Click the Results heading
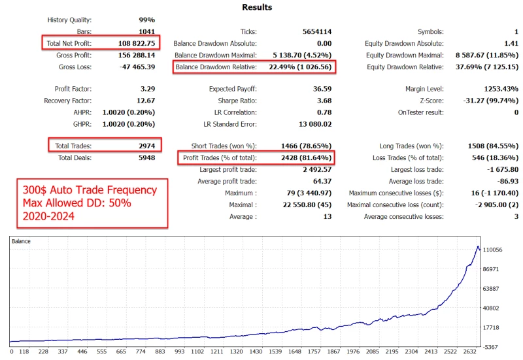coord(257,7)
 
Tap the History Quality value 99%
coord(147,20)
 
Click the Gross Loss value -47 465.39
coord(135,67)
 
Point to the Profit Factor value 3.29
coord(147,89)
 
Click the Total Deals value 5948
coord(146,157)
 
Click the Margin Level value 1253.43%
coord(496,89)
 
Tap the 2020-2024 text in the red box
coord(52,216)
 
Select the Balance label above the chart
coord(22,242)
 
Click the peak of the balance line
coord(478,247)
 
